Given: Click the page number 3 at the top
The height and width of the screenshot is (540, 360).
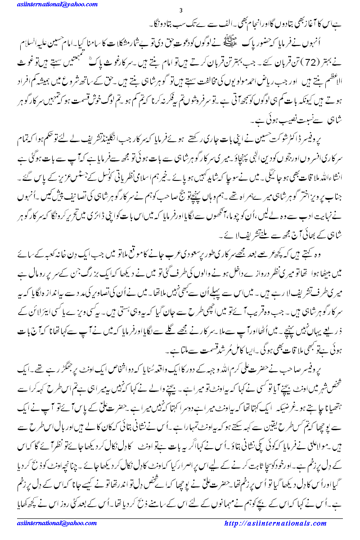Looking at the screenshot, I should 180,11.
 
